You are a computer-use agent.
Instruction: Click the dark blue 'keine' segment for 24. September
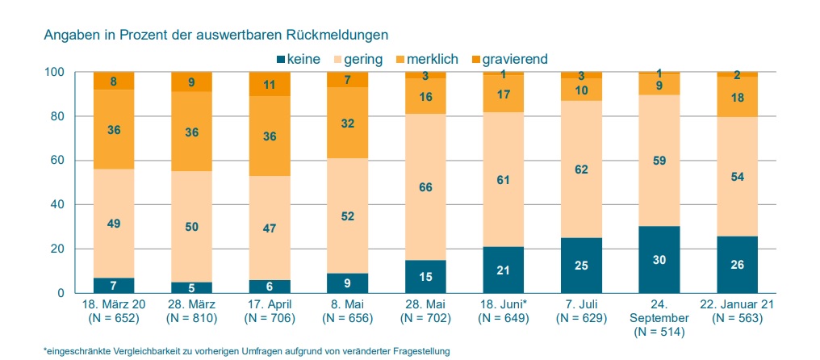(x=660, y=260)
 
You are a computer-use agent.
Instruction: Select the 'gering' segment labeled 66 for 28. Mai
(x=426, y=187)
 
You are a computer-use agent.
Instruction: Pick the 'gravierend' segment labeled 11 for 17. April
(x=270, y=84)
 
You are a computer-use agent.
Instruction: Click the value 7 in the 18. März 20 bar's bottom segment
(x=114, y=286)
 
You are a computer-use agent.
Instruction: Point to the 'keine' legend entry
(x=298, y=58)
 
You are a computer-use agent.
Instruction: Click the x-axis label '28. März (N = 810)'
(x=191, y=312)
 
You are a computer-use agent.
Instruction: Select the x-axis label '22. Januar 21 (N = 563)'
(x=738, y=312)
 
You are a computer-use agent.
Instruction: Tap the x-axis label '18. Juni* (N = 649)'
(x=504, y=312)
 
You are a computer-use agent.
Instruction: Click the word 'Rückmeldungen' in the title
(x=344, y=35)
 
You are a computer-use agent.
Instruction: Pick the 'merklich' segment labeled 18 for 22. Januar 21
(x=738, y=97)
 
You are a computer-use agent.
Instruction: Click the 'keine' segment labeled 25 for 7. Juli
(x=582, y=266)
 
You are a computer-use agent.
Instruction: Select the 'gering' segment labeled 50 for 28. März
(x=192, y=227)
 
